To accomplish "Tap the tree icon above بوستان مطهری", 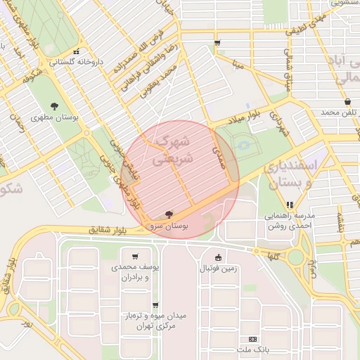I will (x=54, y=105).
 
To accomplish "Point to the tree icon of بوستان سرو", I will (x=169, y=214).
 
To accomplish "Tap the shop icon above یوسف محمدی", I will (x=135, y=257).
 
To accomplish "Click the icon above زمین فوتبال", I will (x=218, y=257).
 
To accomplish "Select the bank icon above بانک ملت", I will (x=252, y=339).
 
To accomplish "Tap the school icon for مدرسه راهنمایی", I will (x=290, y=205).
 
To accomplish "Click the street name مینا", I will (x=238, y=65).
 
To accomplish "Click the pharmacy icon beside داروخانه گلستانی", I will (x=76, y=51).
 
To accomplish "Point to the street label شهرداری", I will (x=280, y=124).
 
